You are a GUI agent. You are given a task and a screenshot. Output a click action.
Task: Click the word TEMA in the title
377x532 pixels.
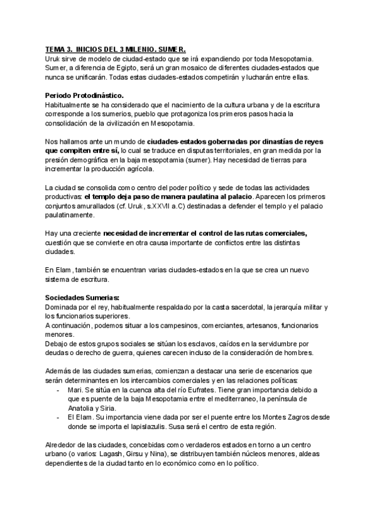55,50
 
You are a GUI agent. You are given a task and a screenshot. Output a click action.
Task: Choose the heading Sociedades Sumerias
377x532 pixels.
83,297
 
